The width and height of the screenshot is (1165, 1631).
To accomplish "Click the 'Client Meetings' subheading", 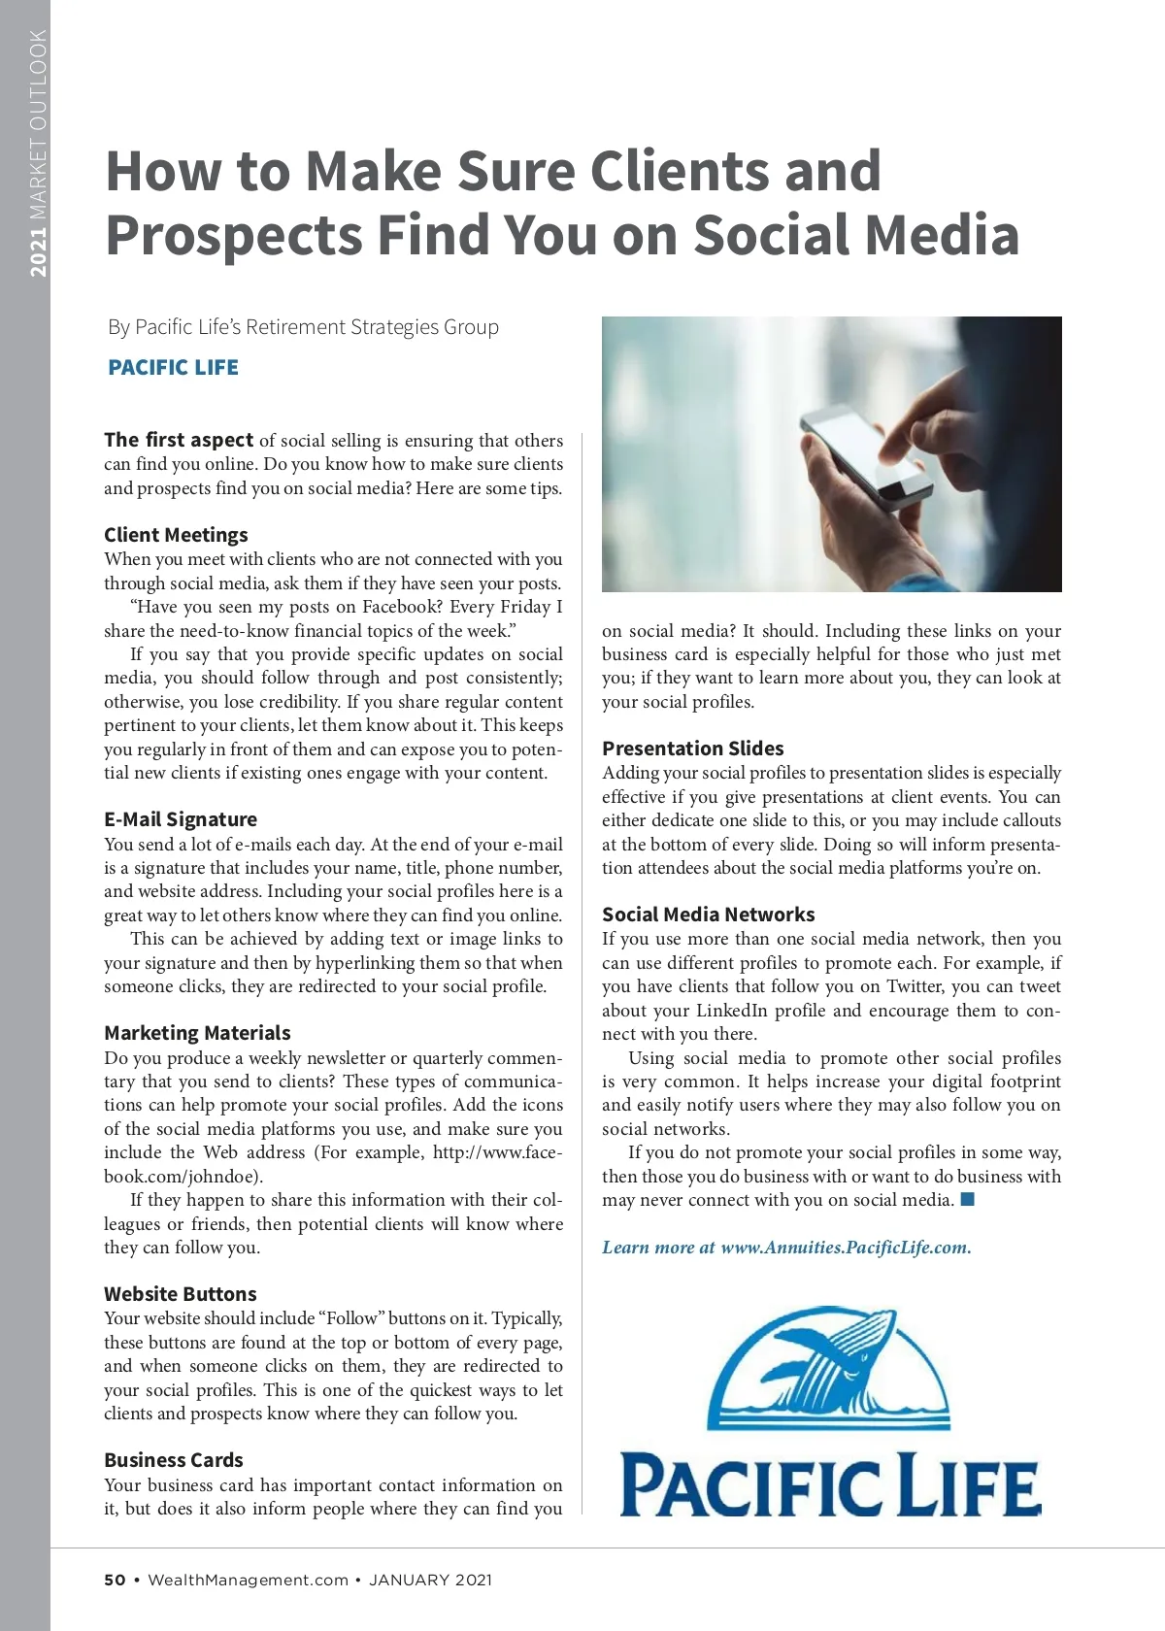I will point(176,535).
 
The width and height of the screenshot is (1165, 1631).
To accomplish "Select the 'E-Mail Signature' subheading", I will point(181,819).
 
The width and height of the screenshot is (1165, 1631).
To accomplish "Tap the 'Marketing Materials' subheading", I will point(197,1033).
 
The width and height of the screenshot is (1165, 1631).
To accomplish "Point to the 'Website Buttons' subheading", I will point(181,1294).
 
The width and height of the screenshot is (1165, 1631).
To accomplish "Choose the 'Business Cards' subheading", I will point(174,1460).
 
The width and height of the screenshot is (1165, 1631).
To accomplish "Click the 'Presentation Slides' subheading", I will point(692,749).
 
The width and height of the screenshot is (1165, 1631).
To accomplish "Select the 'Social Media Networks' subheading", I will point(708,915).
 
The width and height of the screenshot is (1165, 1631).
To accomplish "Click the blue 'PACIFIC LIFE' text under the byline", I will point(173,368).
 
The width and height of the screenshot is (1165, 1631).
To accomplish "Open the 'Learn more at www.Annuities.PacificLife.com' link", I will point(786,1248).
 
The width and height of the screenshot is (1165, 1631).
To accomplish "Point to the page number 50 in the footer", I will point(115,1580).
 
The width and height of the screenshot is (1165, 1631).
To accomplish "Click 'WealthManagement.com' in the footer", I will point(248,1580).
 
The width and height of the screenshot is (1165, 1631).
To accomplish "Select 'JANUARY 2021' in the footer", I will point(430,1580).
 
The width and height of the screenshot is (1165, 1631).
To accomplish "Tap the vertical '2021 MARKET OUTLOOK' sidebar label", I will point(38,153).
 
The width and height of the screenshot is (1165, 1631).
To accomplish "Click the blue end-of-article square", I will point(967,1199).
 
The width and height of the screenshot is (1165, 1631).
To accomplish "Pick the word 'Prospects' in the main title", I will point(233,236).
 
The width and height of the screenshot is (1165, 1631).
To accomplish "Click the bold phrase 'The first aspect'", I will point(179,440).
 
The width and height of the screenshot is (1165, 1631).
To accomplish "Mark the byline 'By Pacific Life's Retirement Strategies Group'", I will point(303,327).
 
